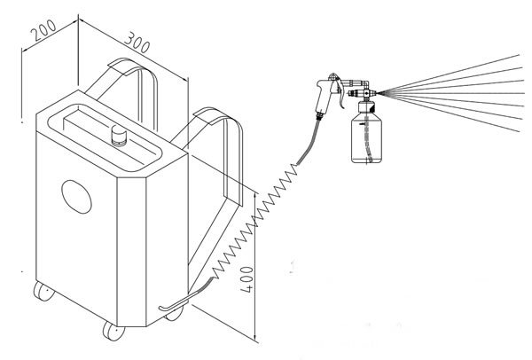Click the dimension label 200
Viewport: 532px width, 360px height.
click(43, 30)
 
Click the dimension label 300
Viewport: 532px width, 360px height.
click(137, 43)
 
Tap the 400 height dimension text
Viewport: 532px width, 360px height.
click(246, 279)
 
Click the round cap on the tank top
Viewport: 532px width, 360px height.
click(119, 136)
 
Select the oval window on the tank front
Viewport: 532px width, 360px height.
click(76, 197)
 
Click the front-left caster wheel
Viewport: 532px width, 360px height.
click(43, 291)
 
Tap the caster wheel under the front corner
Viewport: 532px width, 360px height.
click(113, 331)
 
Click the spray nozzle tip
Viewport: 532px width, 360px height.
click(377, 92)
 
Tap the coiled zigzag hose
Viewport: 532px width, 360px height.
click(254, 222)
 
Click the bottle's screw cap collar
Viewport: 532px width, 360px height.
click(366, 107)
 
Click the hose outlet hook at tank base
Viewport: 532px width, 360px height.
click(173, 303)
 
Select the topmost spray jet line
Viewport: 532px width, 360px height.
click(450, 74)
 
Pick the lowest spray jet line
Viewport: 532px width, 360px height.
click(450, 113)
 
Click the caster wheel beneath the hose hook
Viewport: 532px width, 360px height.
click(174, 313)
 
